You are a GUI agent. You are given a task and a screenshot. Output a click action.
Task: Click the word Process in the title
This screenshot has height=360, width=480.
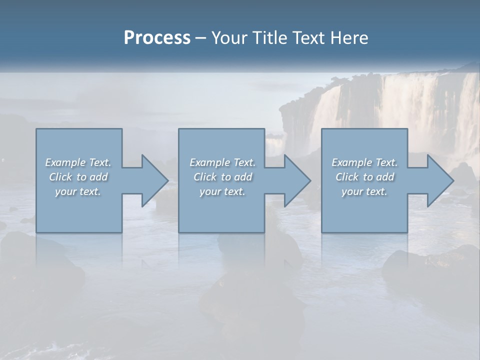click(157, 38)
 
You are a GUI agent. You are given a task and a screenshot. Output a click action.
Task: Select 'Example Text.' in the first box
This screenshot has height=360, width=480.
click(78, 162)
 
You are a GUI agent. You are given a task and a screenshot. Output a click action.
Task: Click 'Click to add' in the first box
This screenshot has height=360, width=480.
click(78, 177)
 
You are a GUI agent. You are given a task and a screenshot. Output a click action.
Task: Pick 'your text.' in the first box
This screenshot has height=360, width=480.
click(78, 191)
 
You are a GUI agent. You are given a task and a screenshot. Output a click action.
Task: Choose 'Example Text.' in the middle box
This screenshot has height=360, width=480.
click(222, 162)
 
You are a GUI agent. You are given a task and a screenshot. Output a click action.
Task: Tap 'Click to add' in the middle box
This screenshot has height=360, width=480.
click(222, 177)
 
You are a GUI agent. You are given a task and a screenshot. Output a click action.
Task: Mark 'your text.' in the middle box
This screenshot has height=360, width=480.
click(222, 191)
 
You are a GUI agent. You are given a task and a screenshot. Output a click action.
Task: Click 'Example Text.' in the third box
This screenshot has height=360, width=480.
click(364, 162)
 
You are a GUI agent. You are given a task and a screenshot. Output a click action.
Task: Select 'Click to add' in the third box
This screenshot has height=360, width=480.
click(364, 177)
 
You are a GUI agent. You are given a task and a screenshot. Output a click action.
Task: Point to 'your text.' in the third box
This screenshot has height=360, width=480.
click(364, 191)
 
